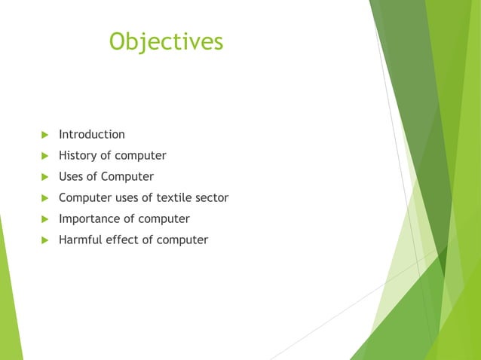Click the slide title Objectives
click(166, 41)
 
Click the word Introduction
click(92, 135)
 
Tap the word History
click(78, 156)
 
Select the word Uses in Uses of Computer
click(72, 177)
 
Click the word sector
click(214, 198)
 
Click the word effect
click(124, 240)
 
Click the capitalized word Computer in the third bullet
click(127, 177)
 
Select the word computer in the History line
click(140, 156)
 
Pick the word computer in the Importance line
click(164, 219)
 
